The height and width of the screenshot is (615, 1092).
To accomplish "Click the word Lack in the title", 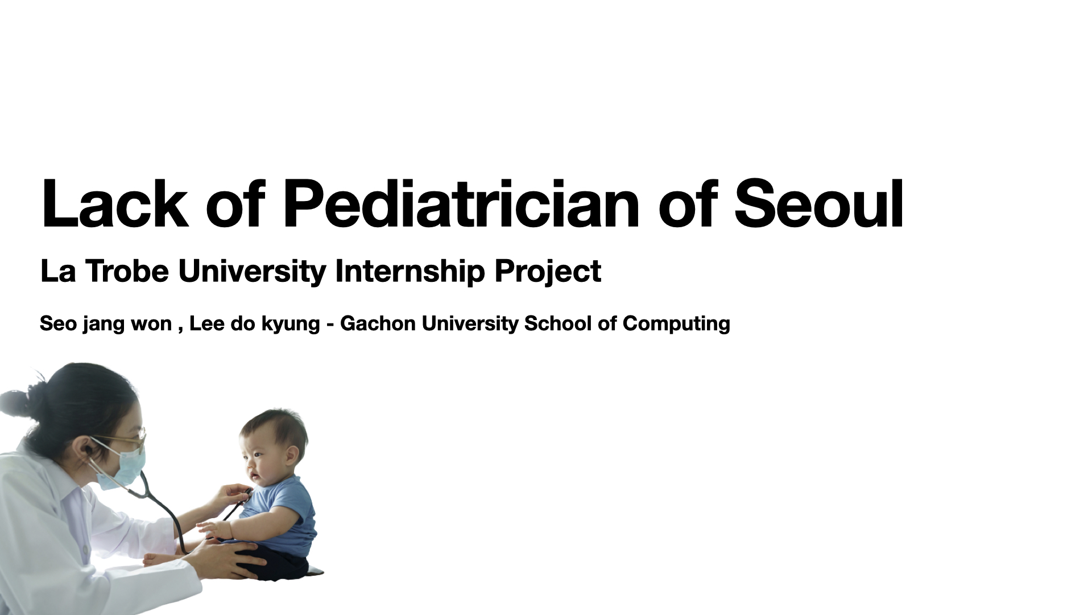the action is (x=114, y=204).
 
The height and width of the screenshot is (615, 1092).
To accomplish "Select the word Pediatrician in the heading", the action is (x=461, y=204).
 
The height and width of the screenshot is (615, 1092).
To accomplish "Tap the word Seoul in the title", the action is (x=819, y=204).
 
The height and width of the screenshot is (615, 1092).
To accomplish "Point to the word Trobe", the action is (x=127, y=271).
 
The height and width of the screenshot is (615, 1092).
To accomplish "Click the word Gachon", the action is (x=378, y=323).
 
